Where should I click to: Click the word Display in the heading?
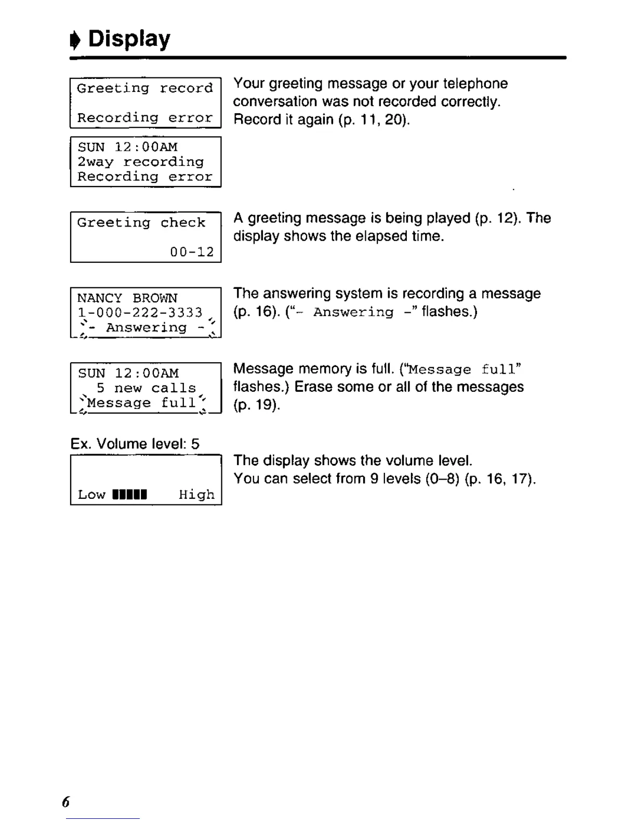click(x=129, y=39)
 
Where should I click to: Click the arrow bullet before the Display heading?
click(x=76, y=41)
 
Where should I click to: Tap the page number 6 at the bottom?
click(x=65, y=802)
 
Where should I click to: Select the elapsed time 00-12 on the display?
click(x=192, y=252)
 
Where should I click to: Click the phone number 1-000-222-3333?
click(x=140, y=312)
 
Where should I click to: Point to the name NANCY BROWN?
click(x=127, y=298)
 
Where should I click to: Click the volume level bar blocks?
click(x=130, y=494)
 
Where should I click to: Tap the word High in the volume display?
click(x=196, y=494)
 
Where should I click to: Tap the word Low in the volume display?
click(x=91, y=494)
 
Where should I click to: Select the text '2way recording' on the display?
click(x=140, y=162)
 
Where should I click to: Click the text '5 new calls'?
click(x=146, y=388)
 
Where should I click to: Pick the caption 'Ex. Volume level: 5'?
click(x=135, y=444)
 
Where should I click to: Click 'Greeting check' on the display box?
click(x=141, y=222)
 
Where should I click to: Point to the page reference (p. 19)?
click(x=257, y=405)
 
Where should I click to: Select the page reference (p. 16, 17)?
click(x=500, y=479)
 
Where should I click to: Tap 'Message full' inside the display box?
click(x=142, y=403)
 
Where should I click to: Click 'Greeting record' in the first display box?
click(x=145, y=88)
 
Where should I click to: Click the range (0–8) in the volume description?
click(x=443, y=479)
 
